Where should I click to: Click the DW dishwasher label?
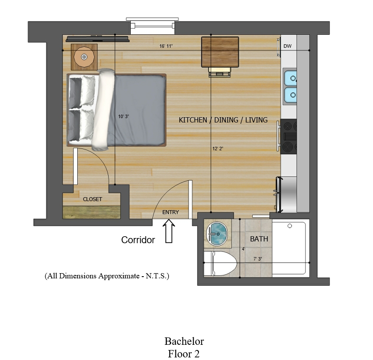pyautogui.click(x=287, y=46)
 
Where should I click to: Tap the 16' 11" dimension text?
pyautogui.click(x=166, y=46)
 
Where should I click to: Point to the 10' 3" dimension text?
pyautogui.click(x=123, y=116)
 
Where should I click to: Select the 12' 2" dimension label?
pyautogui.click(x=218, y=149)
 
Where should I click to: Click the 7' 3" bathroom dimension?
pyautogui.click(x=257, y=259)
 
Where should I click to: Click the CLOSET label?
pyautogui.click(x=92, y=199)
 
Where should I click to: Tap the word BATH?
pyautogui.click(x=259, y=239)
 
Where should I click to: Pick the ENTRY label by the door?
pyautogui.click(x=171, y=212)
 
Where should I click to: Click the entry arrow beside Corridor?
pyautogui.click(x=169, y=231)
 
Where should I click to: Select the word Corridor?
pyautogui.click(x=138, y=240)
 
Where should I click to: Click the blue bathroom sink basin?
pyautogui.click(x=217, y=234)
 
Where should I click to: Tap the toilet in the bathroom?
pyautogui.click(x=221, y=264)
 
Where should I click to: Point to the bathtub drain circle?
pyautogui.click(x=290, y=226)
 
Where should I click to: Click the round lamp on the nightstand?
pyautogui.click(x=84, y=57)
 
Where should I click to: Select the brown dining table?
pyautogui.click(x=220, y=52)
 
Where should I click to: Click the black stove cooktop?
pyautogui.click(x=289, y=136)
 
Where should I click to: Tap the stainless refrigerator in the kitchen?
pyautogui.click(x=287, y=195)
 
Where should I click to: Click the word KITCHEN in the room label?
pyautogui.click(x=190, y=120)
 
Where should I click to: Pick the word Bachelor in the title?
pyautogui.click(x=184, y=341)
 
